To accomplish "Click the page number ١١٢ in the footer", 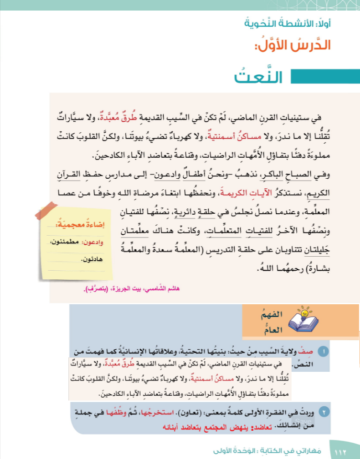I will [340, 451].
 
